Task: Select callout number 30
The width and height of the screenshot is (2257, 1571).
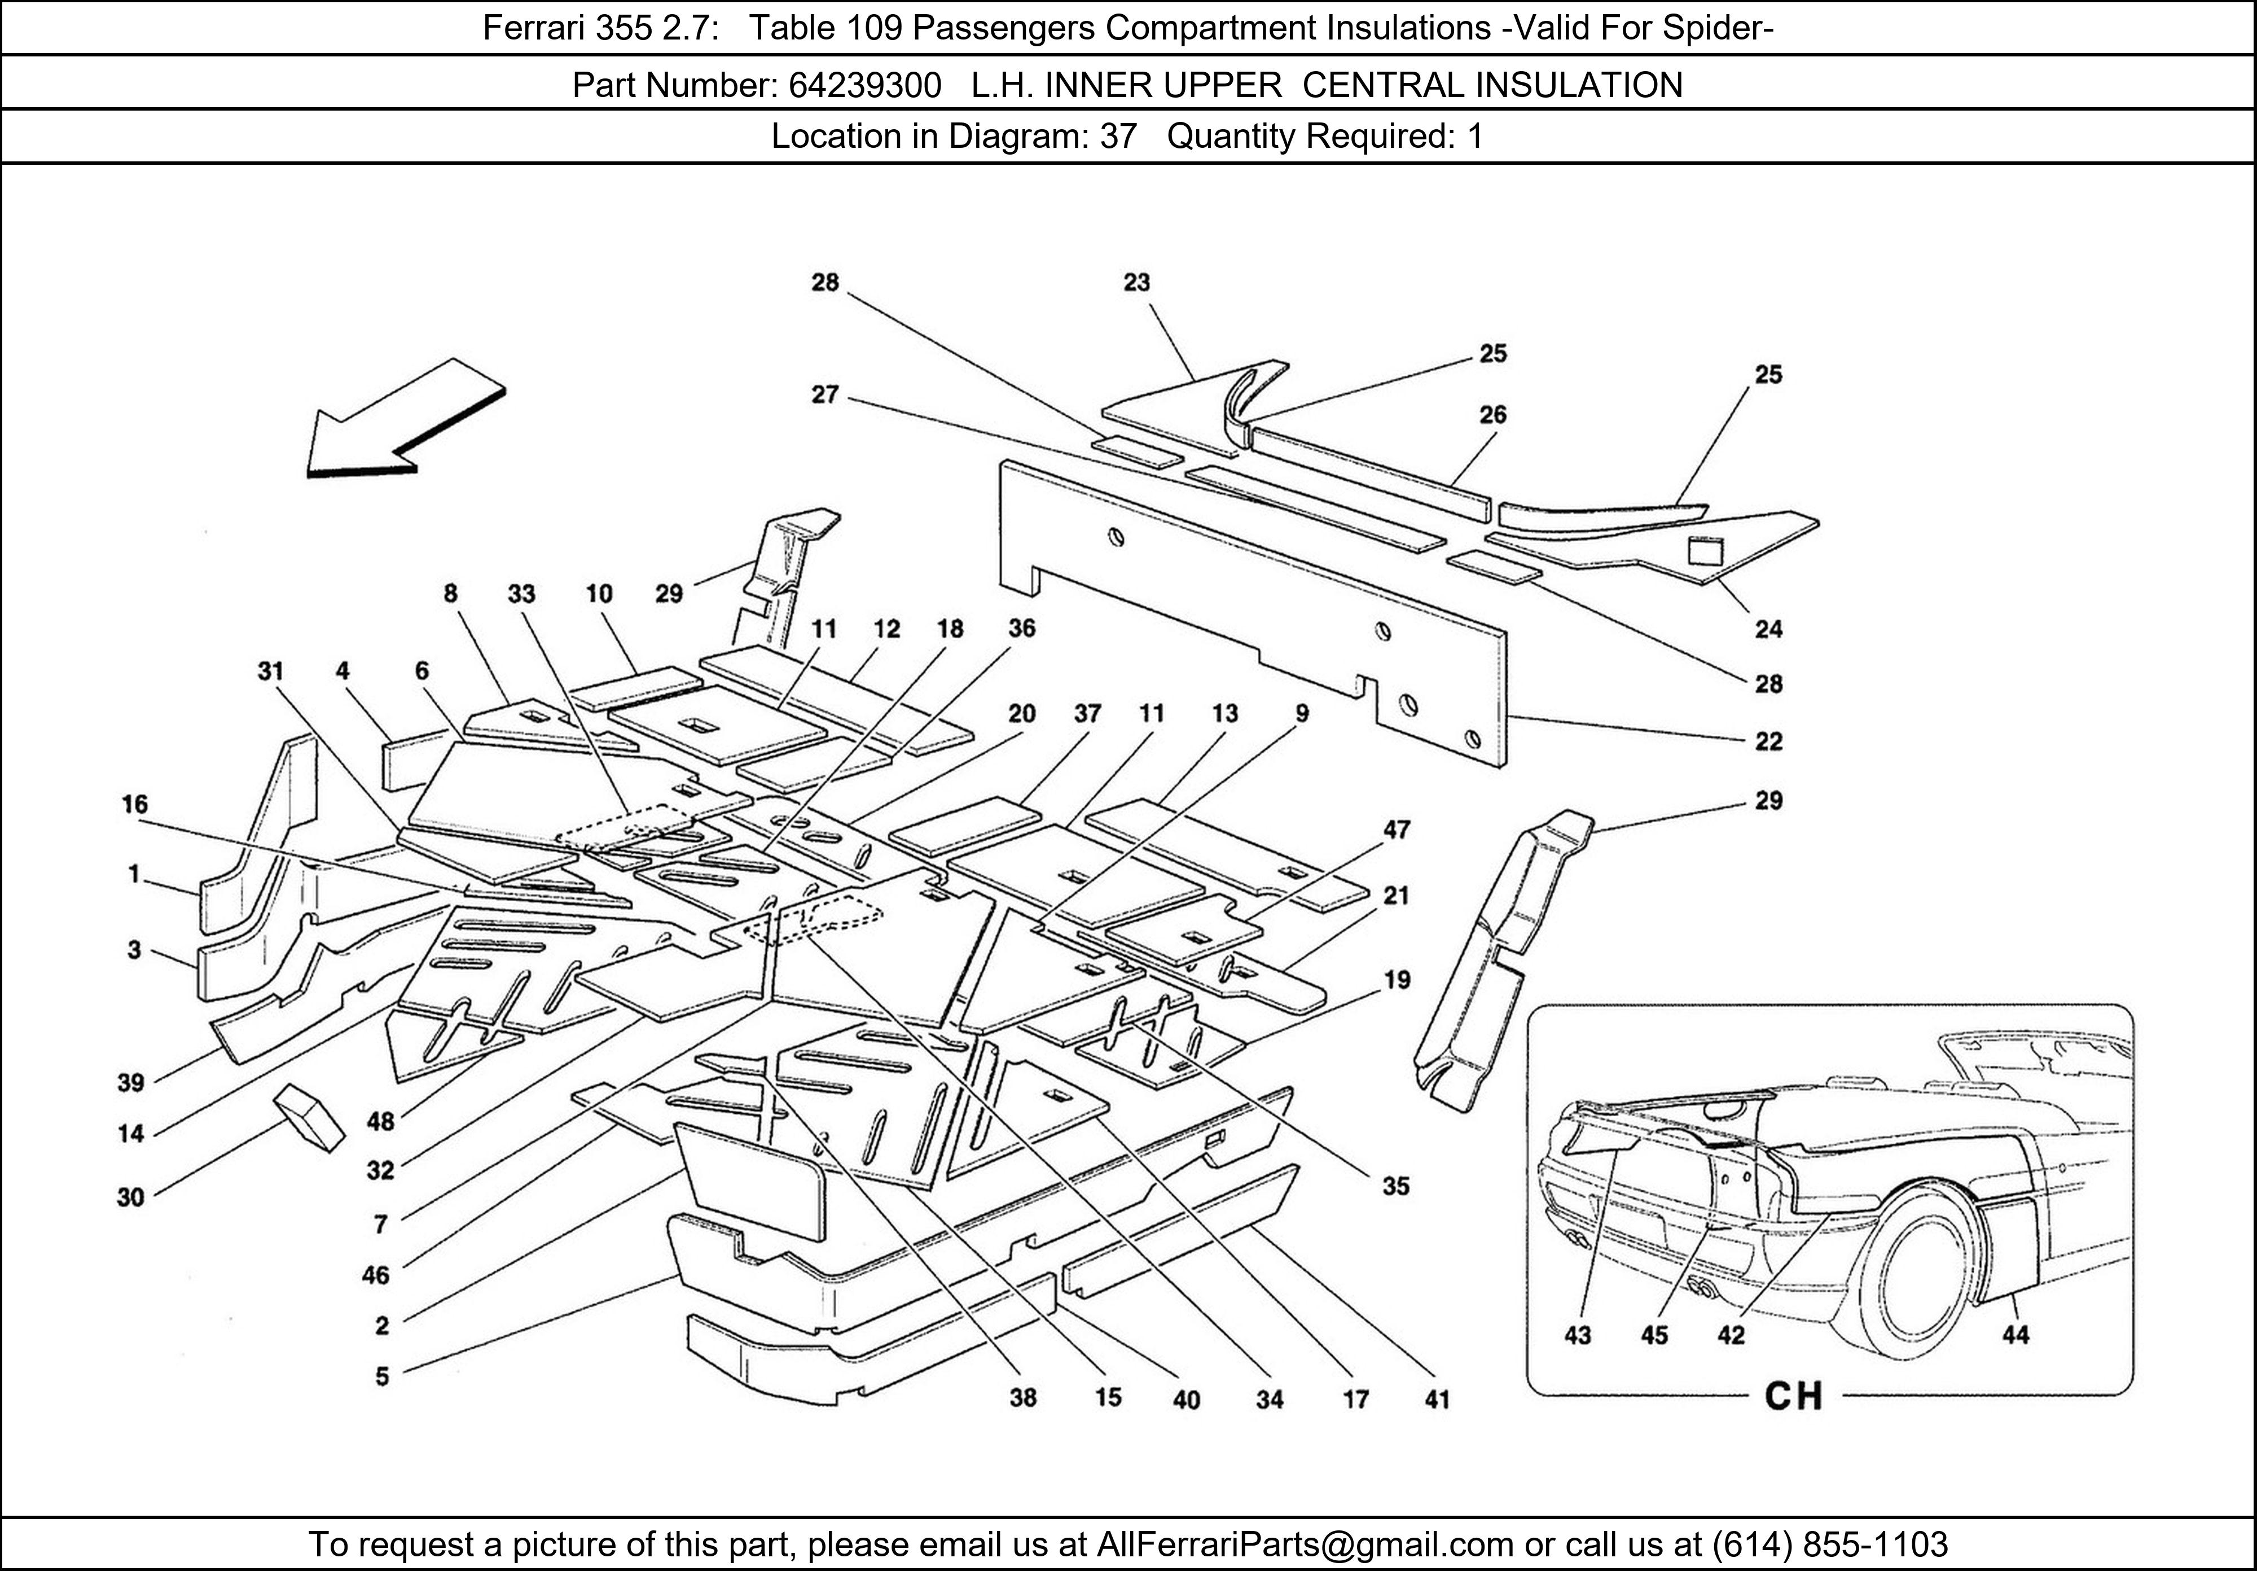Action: tap(131, 1197)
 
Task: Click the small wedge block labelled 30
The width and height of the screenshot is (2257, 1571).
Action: tap(310, 1116)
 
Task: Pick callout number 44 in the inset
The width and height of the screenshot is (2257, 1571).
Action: tap(2015, 1335)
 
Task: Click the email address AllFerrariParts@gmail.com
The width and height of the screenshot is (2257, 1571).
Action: tap(1305, 1544)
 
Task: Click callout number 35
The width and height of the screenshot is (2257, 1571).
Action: tap(1396, 1187)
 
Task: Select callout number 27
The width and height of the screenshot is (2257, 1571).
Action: tap(825, 395)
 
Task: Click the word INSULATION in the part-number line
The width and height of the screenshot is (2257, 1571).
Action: tap(1580, 86)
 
